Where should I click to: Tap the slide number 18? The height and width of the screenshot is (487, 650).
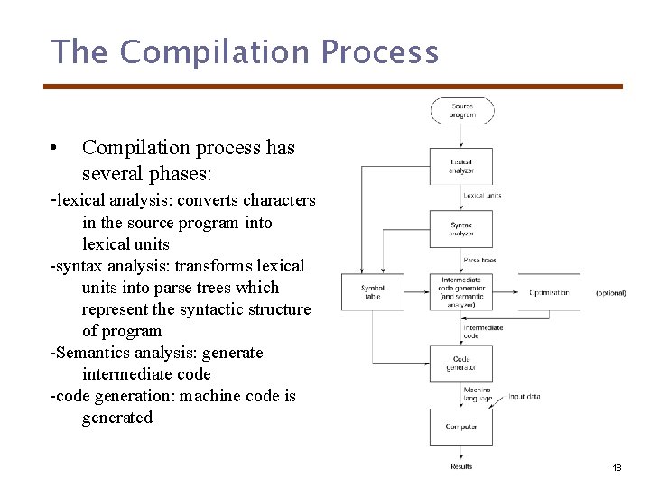pos(617,468)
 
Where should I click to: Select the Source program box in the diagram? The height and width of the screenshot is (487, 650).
pos(461,111)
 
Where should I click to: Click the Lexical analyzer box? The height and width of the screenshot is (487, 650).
pos(461,166)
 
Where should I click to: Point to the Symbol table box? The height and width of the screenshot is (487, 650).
pos(373,292)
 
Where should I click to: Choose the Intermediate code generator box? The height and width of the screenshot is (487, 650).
pos(461,292)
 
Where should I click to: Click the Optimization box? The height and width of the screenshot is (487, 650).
pos(549,292)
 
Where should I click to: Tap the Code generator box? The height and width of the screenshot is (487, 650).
pos(461,363)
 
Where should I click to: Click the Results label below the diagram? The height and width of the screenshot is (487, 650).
pos(461,466)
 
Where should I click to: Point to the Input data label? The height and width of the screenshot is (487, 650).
pos(524,397)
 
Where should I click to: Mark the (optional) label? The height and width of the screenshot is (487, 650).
pos(610,293)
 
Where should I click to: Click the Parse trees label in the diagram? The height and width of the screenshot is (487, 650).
pos(479,261)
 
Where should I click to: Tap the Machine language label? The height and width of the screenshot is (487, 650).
pos(478,394)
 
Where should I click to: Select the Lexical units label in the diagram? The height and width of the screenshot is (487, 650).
pos(482,196)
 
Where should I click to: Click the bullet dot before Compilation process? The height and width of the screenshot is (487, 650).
pos(55,148)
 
